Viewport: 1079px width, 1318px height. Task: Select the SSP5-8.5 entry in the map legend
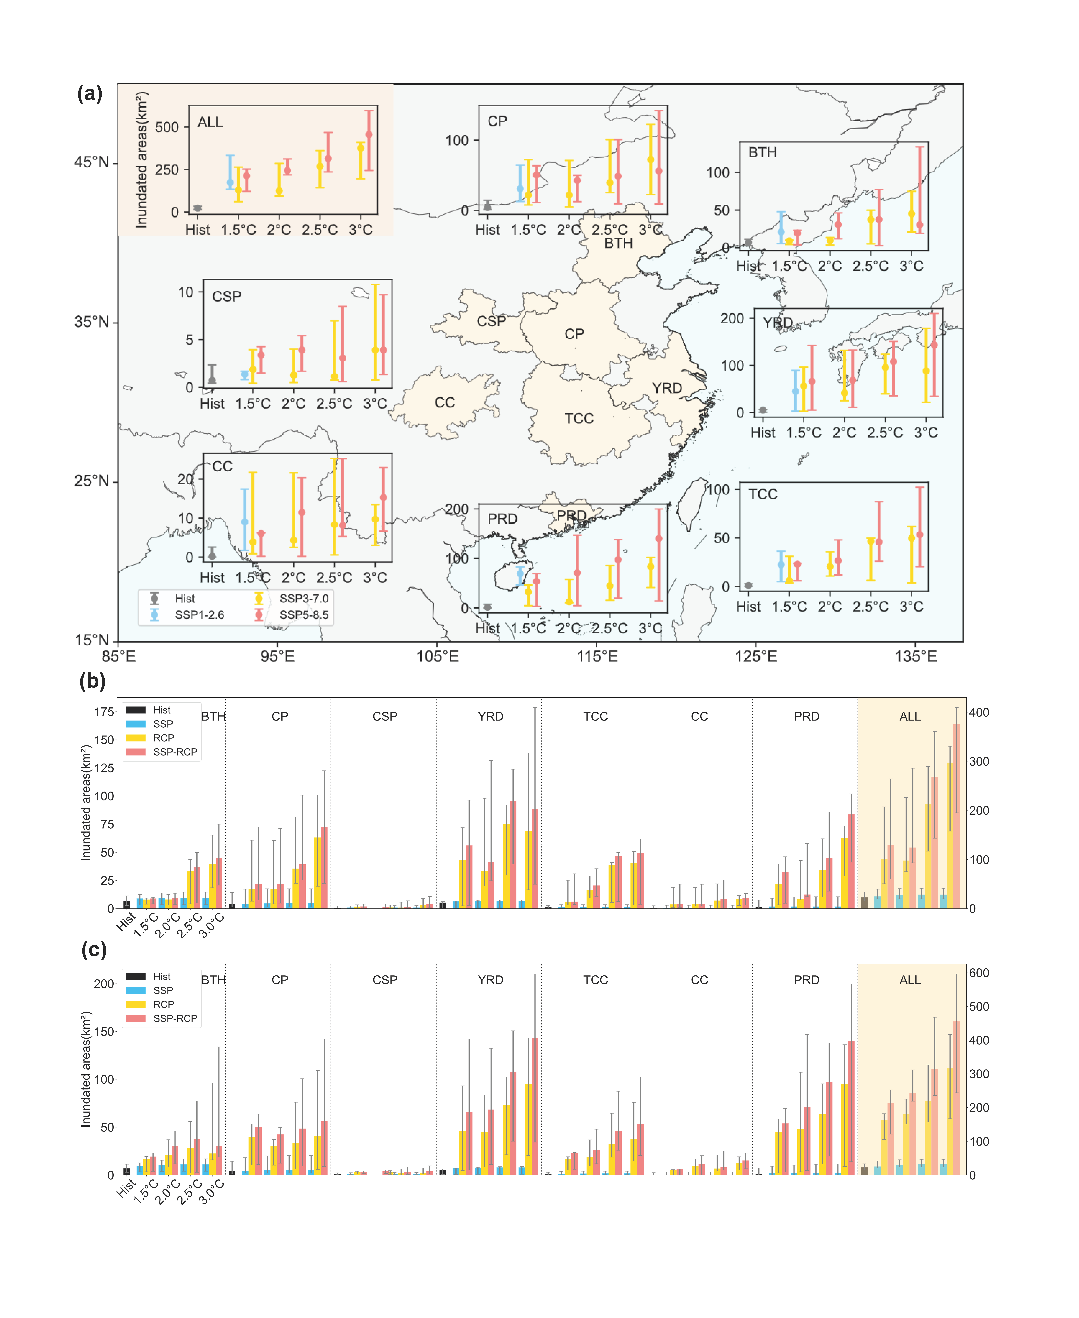[303, 615]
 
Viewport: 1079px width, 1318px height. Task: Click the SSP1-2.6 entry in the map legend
[199, 615]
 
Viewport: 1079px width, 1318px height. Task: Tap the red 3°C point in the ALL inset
[369, 134]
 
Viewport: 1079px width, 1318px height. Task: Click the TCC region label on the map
[579, 419]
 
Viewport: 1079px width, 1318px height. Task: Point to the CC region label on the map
[444, 402]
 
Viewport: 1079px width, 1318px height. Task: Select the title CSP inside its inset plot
[227, 296]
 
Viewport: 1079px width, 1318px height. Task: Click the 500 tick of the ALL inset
[167, 127]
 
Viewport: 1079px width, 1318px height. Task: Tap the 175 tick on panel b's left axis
[104, 712]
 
